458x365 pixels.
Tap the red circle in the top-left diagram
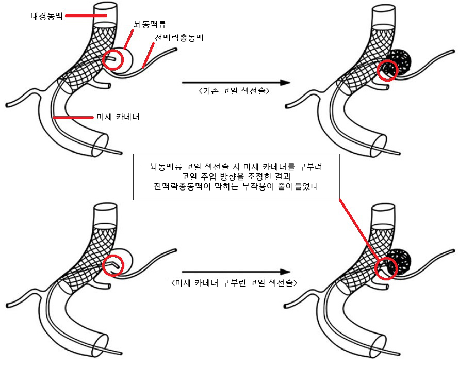[x=113, y=60]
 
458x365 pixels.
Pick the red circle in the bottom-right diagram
[x=387, y=268]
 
